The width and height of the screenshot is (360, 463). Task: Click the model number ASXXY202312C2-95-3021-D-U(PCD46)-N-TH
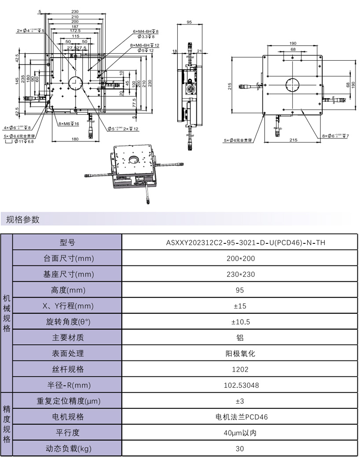pos(239,243)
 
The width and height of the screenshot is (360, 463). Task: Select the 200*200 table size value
pos(239,258)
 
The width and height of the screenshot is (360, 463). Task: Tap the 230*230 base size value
pos(239,274)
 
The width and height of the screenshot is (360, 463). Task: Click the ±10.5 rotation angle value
pos(239,322)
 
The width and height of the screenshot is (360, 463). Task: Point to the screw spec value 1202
pos(239,369)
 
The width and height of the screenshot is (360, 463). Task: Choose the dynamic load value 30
pos(239,448)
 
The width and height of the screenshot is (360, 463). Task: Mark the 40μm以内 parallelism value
pos(239,433)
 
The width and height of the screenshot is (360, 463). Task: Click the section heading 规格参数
pos(23,219)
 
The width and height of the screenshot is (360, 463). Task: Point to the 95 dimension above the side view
pos(189,22)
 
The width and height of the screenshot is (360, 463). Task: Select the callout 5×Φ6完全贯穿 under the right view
pos(238,140)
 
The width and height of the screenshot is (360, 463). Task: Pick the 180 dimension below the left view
pos(75,139)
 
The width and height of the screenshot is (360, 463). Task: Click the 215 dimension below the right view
pos(293,140)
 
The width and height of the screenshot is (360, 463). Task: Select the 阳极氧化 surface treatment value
pos(239,353)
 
